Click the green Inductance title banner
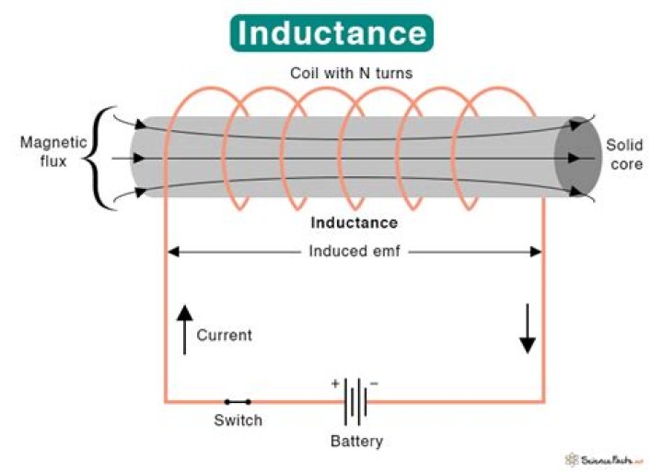(331, 32)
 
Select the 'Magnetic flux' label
(53, 151)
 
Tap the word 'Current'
(224, 336)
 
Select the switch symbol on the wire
(238, 402)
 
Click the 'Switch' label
(238, 420)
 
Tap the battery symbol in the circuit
(355, 402)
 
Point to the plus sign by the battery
(335, 382)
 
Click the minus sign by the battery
(374, 382)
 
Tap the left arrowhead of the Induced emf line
(171, 251)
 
